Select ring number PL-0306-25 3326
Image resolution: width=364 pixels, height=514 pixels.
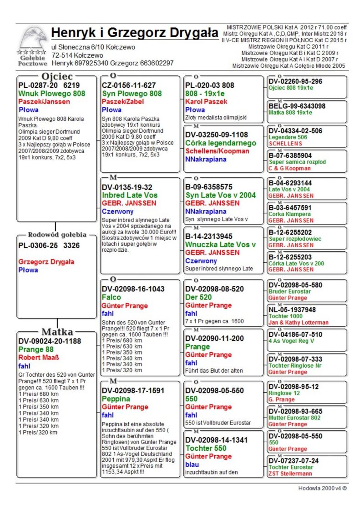[49, 245]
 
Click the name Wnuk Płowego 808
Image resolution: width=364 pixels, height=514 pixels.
[52, 94]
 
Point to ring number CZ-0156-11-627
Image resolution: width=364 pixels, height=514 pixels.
[129, 85]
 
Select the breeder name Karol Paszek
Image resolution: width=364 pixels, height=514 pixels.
[206, 102]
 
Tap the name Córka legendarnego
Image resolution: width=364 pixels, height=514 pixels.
[221, 143]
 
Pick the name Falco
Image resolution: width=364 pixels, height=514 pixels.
[111, 297]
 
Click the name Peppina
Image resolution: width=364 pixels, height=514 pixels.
[116, 399]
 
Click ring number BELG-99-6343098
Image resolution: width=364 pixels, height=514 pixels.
[297, 106]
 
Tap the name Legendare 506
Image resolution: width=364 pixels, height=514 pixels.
[288, 137]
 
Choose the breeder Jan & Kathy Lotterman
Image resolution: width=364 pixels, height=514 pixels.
[298, 323]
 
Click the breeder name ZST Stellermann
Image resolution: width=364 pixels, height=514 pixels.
[290, 474]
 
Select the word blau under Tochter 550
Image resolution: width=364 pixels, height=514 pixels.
[192, 464]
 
